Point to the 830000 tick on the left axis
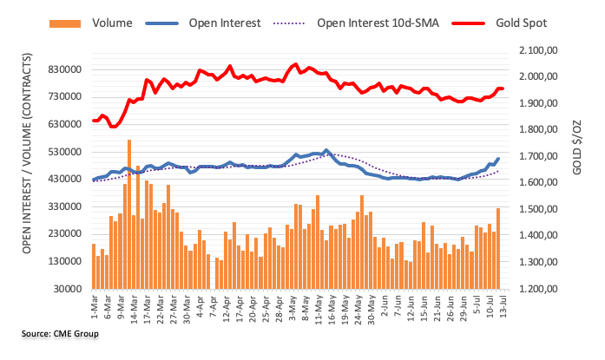(65, 69)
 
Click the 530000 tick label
(65, 152)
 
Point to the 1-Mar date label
(93, 305)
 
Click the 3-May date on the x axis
(295, 306)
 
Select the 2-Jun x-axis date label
(379, 306)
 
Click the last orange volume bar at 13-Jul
(498, 248)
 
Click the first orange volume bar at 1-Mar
(93, 266)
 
